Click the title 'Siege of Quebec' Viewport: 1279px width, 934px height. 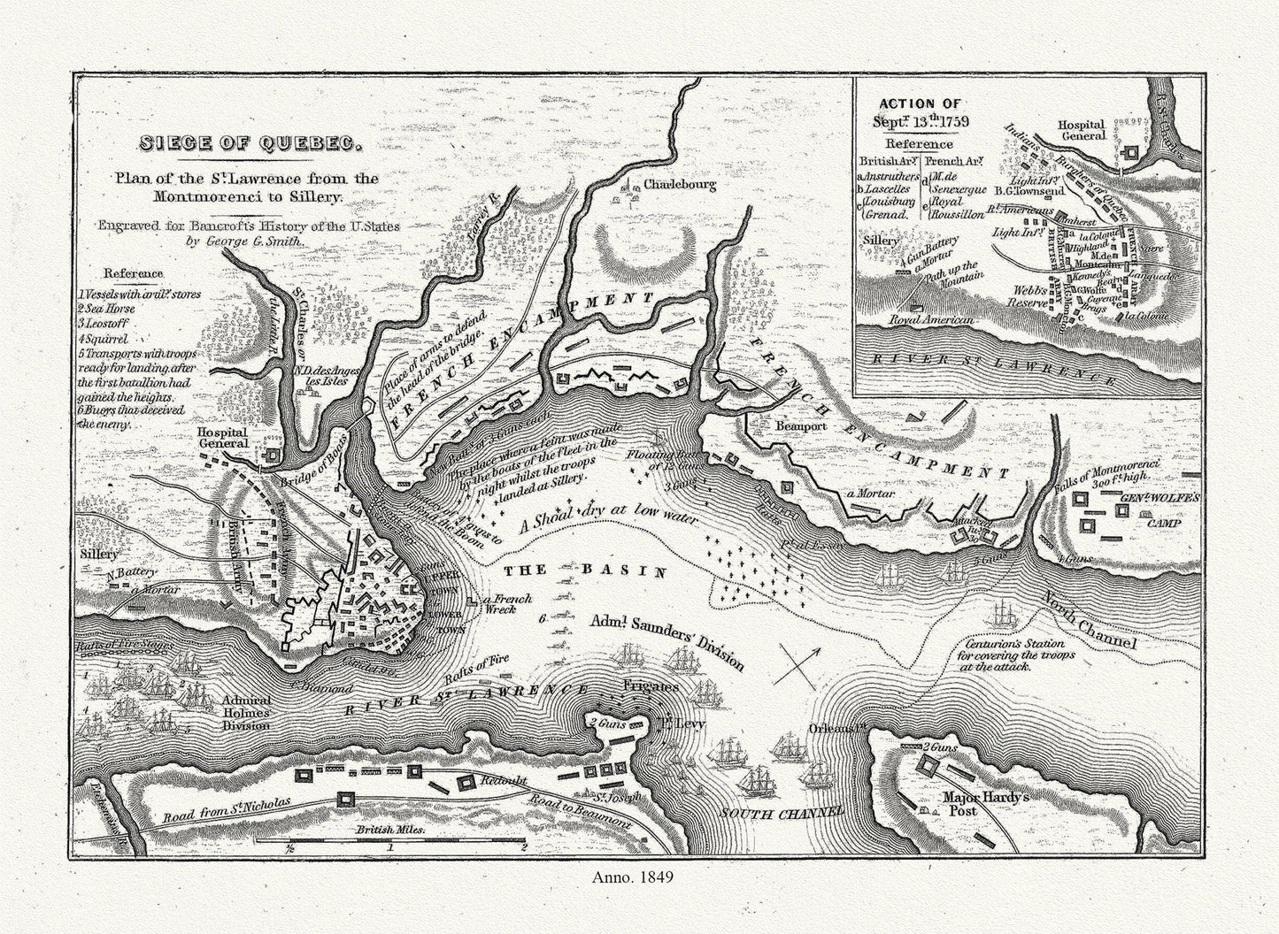pyautogui.click(x=237, y=143)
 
